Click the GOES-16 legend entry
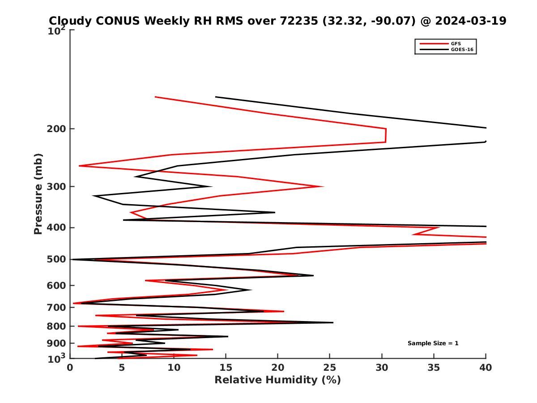(461, 50)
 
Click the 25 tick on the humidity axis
(330, 368)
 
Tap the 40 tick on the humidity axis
(486, 368)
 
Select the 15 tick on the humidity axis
(226, 368)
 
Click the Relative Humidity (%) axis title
(277, 380)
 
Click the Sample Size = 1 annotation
(433, 343)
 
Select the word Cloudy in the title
(71, 21)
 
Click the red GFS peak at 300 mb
(323, 186)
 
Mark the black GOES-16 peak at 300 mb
(211, 186)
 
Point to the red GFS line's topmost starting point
(155, 97)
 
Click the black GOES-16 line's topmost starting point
(216, 97)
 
